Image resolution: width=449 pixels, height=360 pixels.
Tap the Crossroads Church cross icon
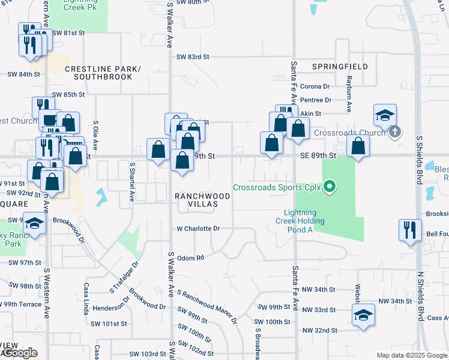(x=394, y=131)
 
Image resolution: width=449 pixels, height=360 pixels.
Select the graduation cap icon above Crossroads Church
(x=384, y=115)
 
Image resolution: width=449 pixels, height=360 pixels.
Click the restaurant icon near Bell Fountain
(x=410, y=230)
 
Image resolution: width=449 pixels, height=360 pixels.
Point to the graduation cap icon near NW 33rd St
(x=363, y=316)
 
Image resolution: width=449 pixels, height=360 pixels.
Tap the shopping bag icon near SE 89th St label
(x=358, y=146)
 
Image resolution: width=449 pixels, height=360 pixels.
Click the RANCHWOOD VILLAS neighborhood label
(x=202, y=200)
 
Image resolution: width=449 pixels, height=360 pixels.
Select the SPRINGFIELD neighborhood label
(x=339, y=66)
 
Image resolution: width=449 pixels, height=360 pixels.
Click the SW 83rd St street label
(x=192, y=56)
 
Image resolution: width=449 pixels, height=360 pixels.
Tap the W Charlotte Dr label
(x=198, y=229)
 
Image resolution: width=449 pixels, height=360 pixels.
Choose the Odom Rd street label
(x=191, y=257)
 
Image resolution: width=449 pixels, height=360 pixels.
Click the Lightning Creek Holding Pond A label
(x=304, y=221)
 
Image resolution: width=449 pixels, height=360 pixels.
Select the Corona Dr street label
(x=315, y=86)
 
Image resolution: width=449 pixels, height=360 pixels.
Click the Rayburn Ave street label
(x=348, y=94)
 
